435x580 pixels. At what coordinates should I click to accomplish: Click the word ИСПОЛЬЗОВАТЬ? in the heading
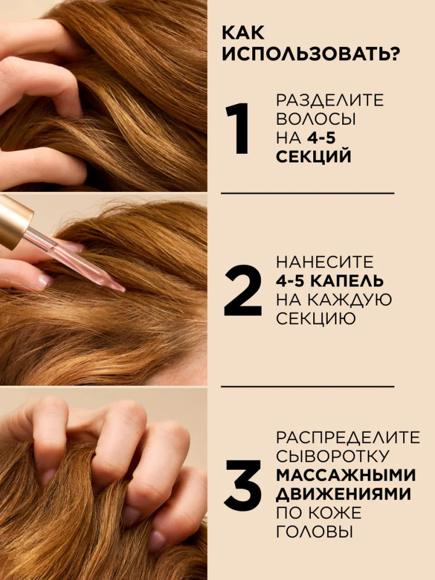pyautogui.click(x=311, y=54)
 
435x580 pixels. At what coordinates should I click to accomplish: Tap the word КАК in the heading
pyautogui.click(x=243, y=33)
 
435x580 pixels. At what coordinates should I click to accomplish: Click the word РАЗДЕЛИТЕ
pyautogui.click(x=330, y=100)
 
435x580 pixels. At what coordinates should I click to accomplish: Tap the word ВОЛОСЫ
pyautogui.click(x=316, y=119)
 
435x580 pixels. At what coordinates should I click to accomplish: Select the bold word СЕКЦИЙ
pyautogui.click(x=313, y=157)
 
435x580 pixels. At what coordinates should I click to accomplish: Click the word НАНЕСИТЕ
pyautogui.click(x=325, y=262)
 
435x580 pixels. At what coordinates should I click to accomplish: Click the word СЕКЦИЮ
pyautogui.click(x=316, y=318)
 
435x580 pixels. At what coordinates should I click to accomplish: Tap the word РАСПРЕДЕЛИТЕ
pyautogui.click(x=348, y=437)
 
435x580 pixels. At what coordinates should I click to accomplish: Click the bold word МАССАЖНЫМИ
pyautogui.click(x=346, y=475)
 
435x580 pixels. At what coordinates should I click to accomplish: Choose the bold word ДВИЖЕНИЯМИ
pyautogui.click(x=343, y=494)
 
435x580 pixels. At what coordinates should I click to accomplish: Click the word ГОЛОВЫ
pyautogui.click(x=313, y=531)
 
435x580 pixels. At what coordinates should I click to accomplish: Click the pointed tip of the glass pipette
pyautogui.click(x=124, y=289)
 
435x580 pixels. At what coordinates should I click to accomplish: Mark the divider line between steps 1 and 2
pyautogui.click(x=307, y=193)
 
